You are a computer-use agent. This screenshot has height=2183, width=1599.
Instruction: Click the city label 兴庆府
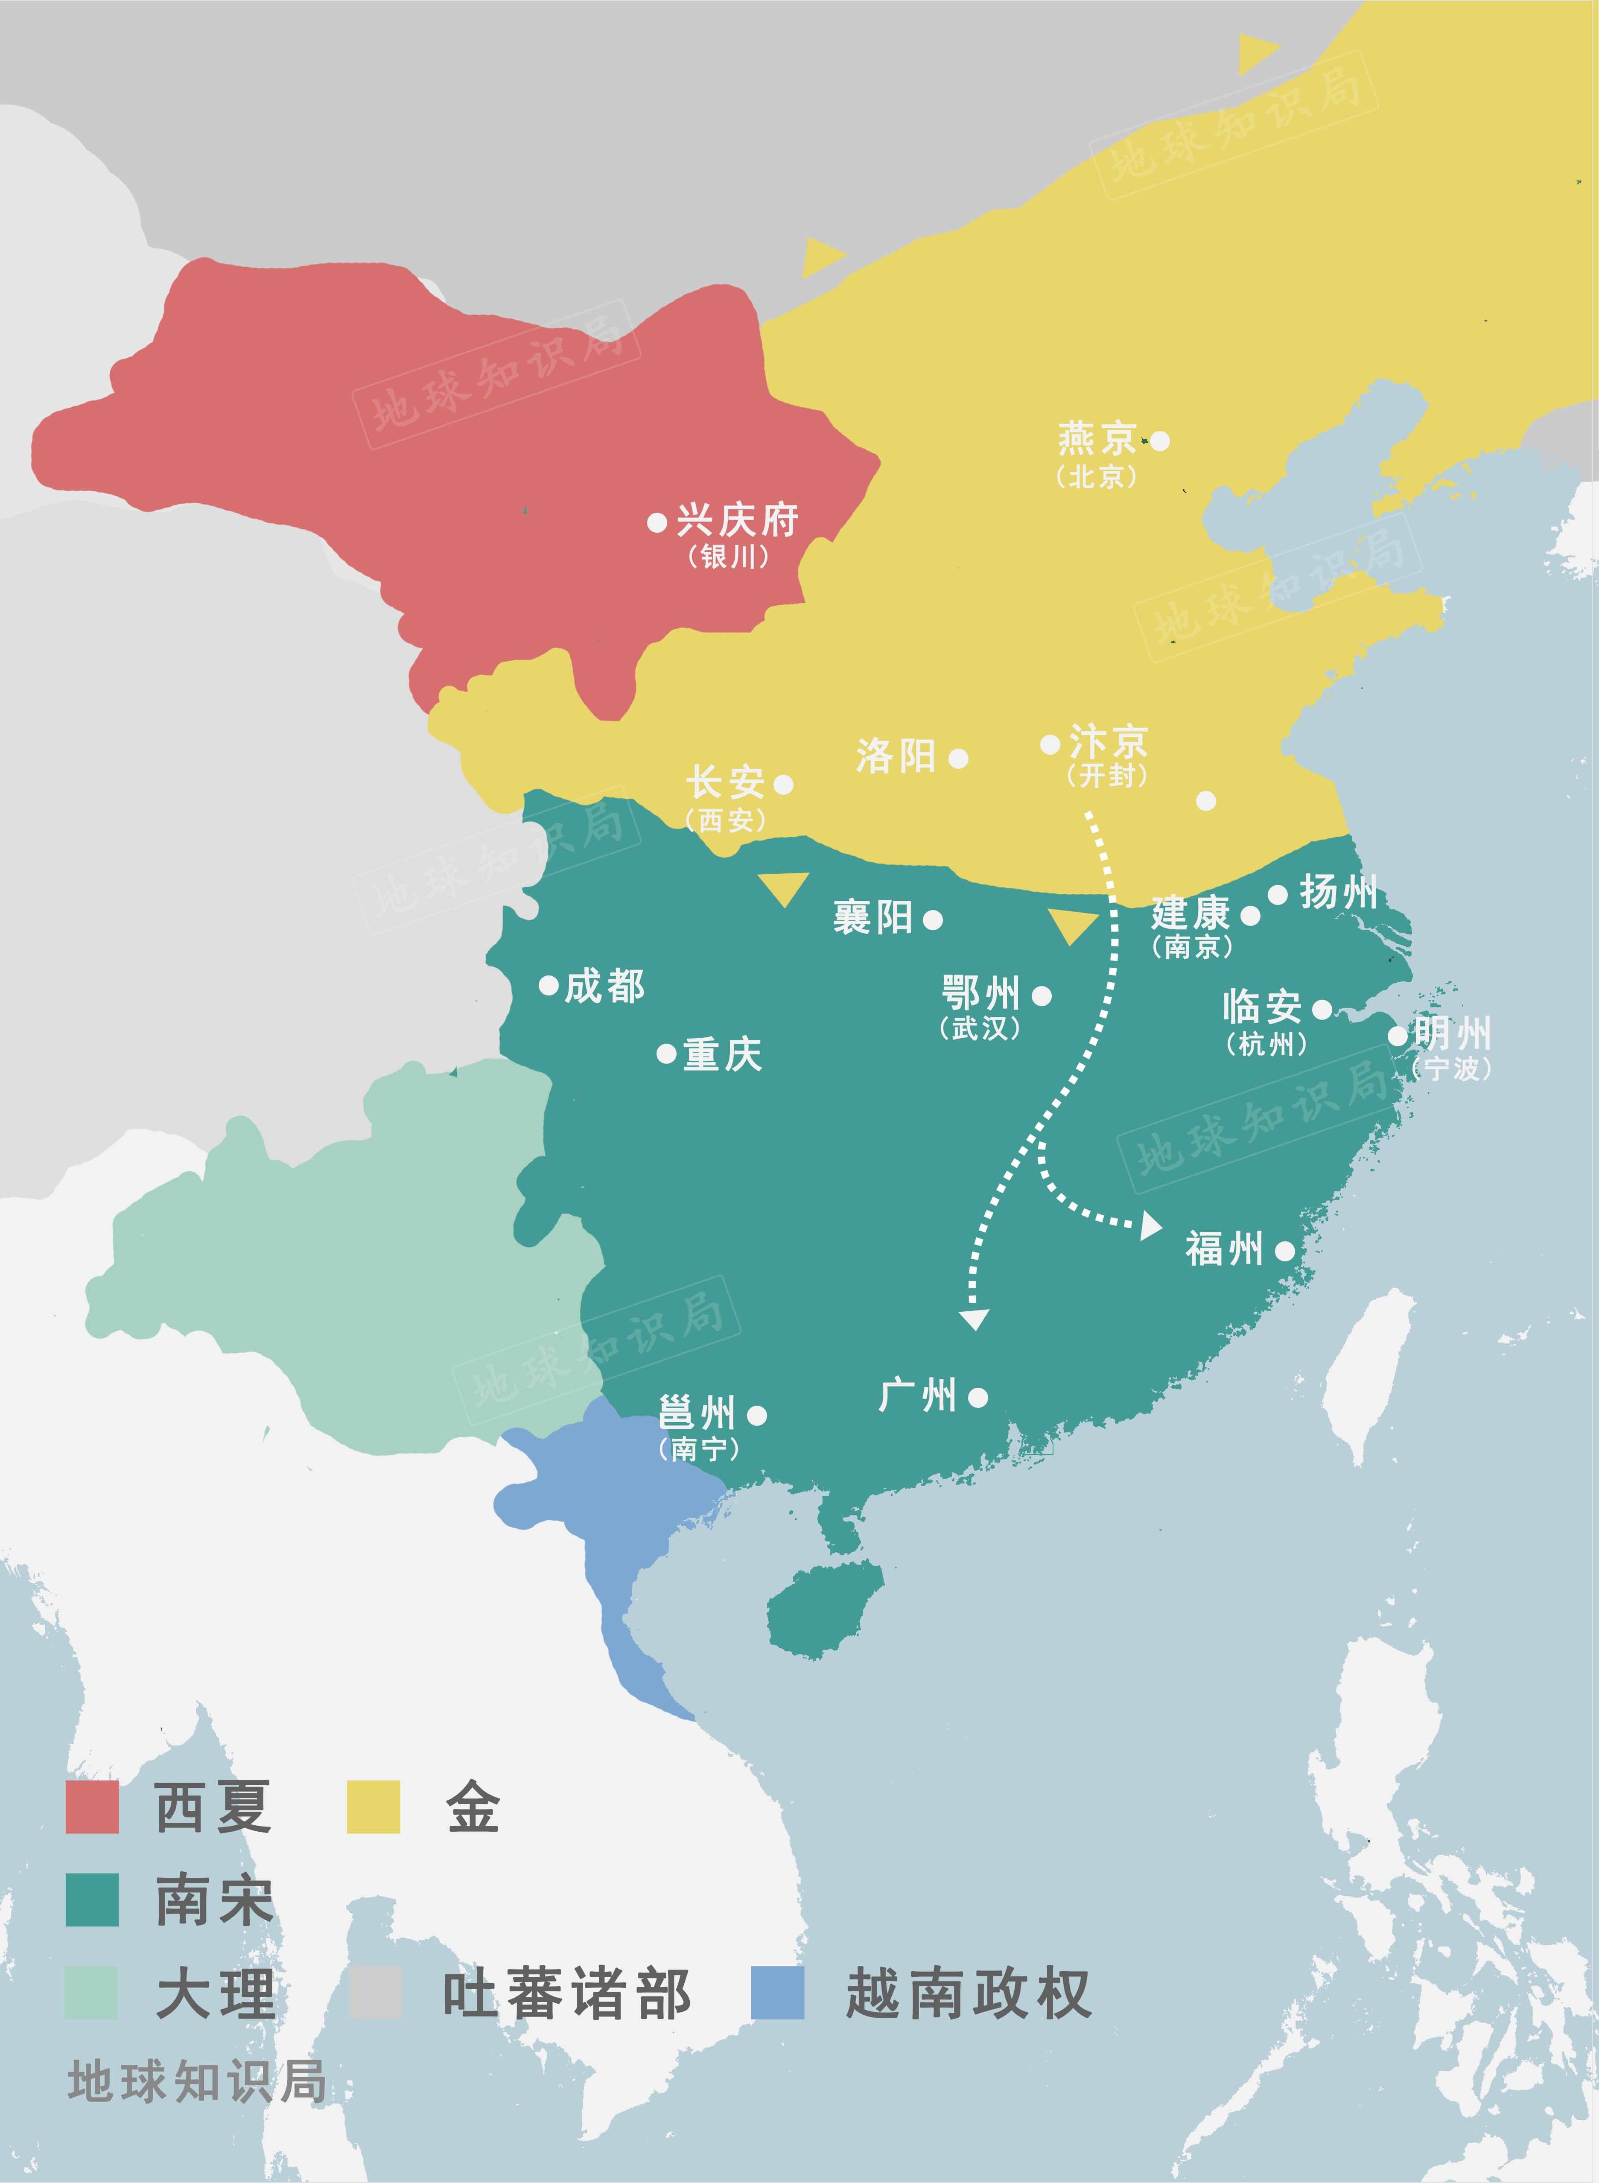(x=737, y=521)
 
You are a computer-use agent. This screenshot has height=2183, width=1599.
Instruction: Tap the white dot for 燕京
(x=1160, y=441)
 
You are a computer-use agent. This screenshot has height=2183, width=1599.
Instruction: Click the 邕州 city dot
(x=757, y=1415)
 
